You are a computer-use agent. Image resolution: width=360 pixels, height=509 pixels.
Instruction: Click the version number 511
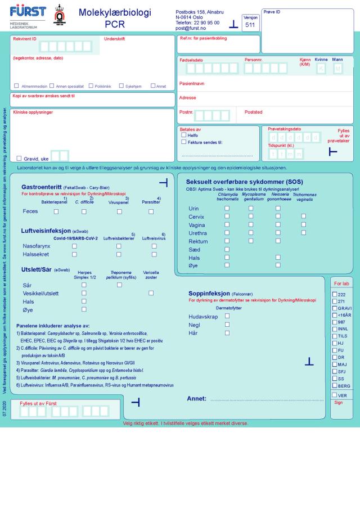(250, 25)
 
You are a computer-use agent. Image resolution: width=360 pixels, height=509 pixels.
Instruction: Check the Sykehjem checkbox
(122, 86)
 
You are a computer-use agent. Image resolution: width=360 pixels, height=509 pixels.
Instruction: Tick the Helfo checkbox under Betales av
(184, 135)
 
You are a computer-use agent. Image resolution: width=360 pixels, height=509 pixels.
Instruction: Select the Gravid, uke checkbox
(19, 158)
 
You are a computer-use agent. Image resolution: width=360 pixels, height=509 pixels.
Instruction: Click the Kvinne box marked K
(321, 69)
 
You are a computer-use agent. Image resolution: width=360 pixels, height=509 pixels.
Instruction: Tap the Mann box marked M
(337, 69)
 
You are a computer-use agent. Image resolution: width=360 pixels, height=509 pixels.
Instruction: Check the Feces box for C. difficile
(84, 211)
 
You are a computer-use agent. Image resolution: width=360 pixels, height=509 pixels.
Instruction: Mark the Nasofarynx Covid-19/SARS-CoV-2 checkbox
(74, 246)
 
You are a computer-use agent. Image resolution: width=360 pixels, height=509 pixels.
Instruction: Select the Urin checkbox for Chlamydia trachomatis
(227, 208)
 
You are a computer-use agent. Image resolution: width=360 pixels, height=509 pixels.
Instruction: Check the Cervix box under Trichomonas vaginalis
(304, 216)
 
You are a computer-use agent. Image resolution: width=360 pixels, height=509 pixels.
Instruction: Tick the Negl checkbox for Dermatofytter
(227, 325)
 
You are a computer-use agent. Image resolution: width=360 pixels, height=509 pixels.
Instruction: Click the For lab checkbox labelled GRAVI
(335, 308)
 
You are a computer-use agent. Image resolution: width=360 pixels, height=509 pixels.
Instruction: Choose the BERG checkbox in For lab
(335, 385)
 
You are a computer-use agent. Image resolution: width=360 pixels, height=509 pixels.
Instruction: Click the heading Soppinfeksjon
(209, 293)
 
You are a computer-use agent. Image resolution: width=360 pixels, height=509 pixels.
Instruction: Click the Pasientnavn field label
(192, 83)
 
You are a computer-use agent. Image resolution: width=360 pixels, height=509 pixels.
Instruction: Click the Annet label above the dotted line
(196, 399)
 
